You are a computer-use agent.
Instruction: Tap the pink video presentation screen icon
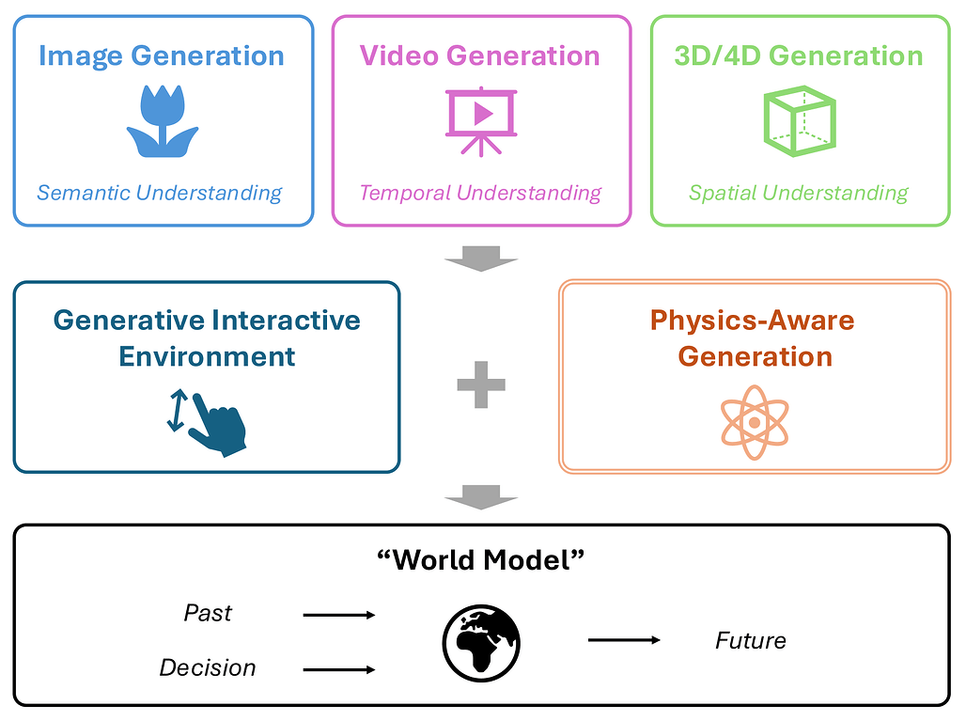point(481,120)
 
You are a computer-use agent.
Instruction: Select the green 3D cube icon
point(800,120)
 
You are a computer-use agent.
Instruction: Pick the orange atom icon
point(755,423)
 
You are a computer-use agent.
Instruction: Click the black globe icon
point(481,643)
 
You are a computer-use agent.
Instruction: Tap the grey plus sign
point(481,384)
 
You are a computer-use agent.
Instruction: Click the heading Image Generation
point(162,56)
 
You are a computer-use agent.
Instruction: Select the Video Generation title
point(480,55)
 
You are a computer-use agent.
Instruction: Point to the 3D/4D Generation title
point(799,55)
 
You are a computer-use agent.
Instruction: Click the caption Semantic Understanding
point(160,193)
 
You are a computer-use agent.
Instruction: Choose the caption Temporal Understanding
point(480,193)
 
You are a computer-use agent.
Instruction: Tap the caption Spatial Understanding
point(799,193)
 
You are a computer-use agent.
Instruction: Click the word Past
point(208,613)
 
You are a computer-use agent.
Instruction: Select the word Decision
point(208,668)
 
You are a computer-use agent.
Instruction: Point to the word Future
point(751,641)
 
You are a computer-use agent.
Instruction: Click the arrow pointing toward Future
point(624,640)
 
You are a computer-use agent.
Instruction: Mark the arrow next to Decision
point(339,670)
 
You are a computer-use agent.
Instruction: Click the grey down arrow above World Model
point(481,497)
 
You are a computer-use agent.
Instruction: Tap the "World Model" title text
point(481,560)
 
